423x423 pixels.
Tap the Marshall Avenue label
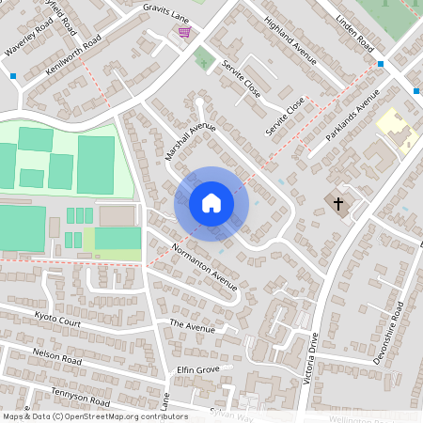click(190, 141)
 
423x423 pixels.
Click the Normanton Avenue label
click(204, 267)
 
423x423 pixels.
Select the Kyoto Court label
click(57, 321)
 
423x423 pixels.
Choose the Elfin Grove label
click(197, 369)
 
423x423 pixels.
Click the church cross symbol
click(337, 203)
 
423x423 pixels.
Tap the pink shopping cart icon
click(185, 33)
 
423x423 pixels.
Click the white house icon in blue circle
click(211, 203)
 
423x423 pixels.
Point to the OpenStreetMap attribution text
click(95, 416)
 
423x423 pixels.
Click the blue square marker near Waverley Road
click(13, 75)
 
